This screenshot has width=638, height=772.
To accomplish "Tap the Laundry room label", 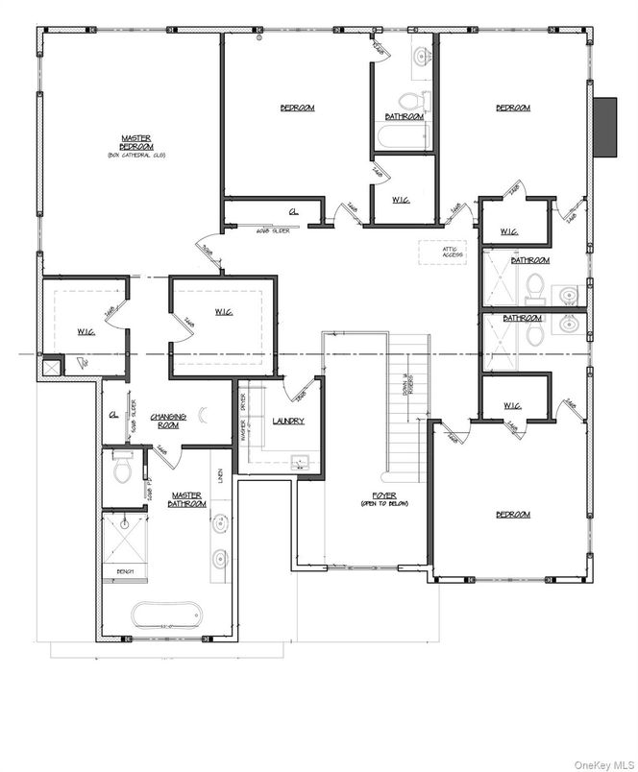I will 288,421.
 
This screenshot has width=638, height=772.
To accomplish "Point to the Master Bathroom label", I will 184,499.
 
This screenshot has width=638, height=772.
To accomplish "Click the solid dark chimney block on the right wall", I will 605,127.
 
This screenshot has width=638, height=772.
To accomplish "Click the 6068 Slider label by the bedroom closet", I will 274,229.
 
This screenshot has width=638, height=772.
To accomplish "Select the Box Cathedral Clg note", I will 130,155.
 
